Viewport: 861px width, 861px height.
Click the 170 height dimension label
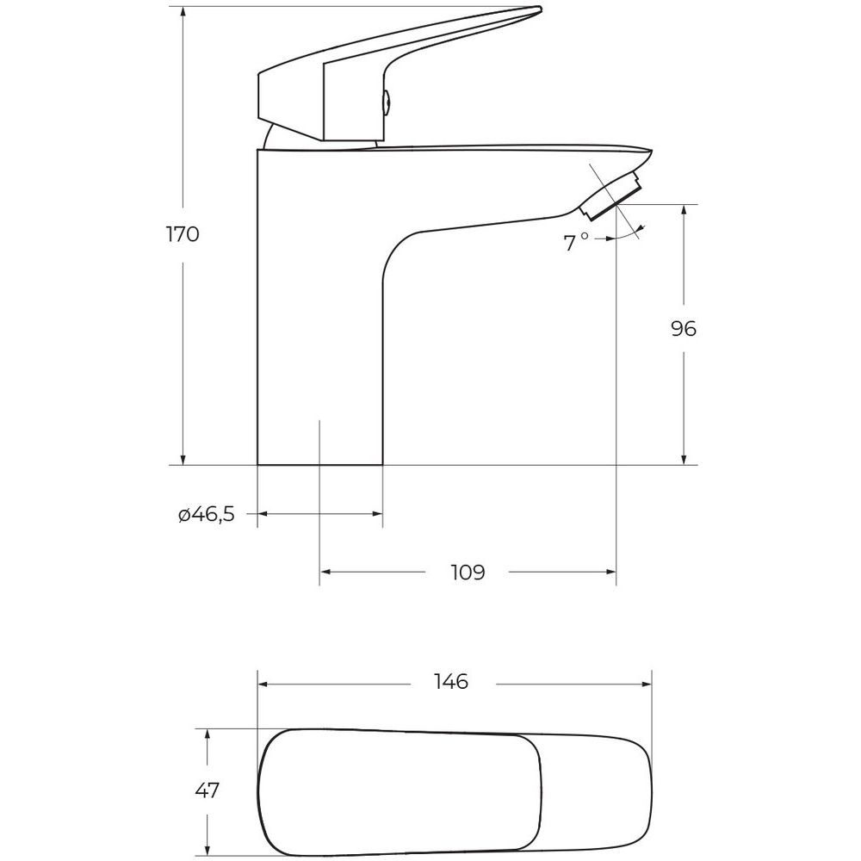pyautogui.click(x=183, y=234)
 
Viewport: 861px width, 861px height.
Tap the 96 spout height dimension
pyautogui.click(x=684, y=328)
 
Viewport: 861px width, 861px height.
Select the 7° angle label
pyautogui.click(x=576, y=242)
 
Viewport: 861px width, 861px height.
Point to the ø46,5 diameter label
pyautogui.click(x=207, y=515)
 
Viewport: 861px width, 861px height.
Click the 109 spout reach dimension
pyautogui.click(x=468, y=573)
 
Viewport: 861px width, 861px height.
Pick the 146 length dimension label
pyautogui.click(x=451, y=682)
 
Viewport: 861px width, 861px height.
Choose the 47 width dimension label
pyautogui.click(x=207, y=790)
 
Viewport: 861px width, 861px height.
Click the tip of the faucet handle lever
pyautogui.click(x=541, y=9)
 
